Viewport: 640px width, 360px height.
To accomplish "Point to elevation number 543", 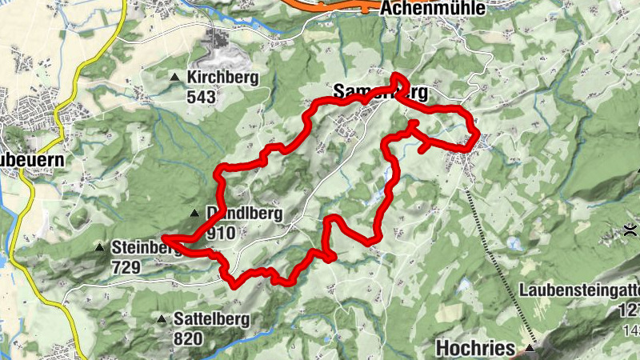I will [x=202, y=96].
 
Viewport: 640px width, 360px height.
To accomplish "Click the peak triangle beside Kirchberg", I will [x=175, y=77].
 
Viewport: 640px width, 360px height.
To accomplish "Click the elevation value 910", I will [x=220, y=233].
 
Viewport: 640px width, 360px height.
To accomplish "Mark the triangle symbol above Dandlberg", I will [x=194, y=213].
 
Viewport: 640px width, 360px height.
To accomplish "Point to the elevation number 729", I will [x=126, y=266].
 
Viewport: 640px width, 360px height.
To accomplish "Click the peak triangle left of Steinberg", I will [x=99, y=247].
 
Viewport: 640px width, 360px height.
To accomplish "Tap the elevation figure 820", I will [x=189, y=338].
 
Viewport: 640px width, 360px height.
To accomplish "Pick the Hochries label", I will [x=478, y=347].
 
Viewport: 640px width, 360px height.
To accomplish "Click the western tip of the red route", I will [x=163, y=238].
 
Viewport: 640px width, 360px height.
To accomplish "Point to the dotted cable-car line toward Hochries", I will [x=496, y=256].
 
